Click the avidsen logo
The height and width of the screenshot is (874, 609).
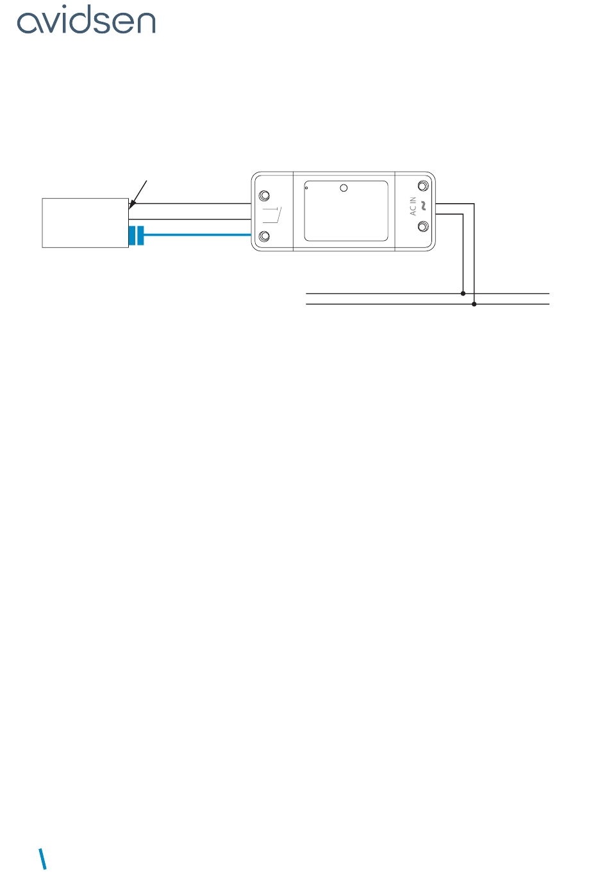pos(86,22)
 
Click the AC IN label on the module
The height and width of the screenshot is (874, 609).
pos(413,206)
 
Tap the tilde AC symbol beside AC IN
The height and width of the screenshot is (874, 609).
pos(423,206)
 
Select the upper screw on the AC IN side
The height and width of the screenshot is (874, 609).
pos(422,186)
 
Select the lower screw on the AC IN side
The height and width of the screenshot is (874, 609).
pos(422,227)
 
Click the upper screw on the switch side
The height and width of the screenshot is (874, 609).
pos(263,196)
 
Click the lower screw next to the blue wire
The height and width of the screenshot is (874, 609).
pos(263,238)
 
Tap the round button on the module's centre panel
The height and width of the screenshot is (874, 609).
pos(344,188)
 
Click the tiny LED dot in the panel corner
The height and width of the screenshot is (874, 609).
pos(307,188)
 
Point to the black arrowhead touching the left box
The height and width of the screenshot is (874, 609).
pos(131,205)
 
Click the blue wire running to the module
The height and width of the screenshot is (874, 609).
pos(199,235)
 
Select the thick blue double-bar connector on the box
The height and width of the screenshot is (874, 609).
pos(137,235)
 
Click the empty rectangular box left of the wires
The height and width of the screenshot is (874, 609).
pos(85,223)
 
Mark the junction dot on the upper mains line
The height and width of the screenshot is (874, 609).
pos(463,293)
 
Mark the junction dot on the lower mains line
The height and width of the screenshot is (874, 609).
pos(474,304)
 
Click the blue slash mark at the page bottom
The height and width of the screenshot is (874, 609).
pos(43,859)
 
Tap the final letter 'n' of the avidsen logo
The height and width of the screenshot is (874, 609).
pos(145,24)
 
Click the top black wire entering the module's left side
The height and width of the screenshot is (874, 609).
pos(192,204)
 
